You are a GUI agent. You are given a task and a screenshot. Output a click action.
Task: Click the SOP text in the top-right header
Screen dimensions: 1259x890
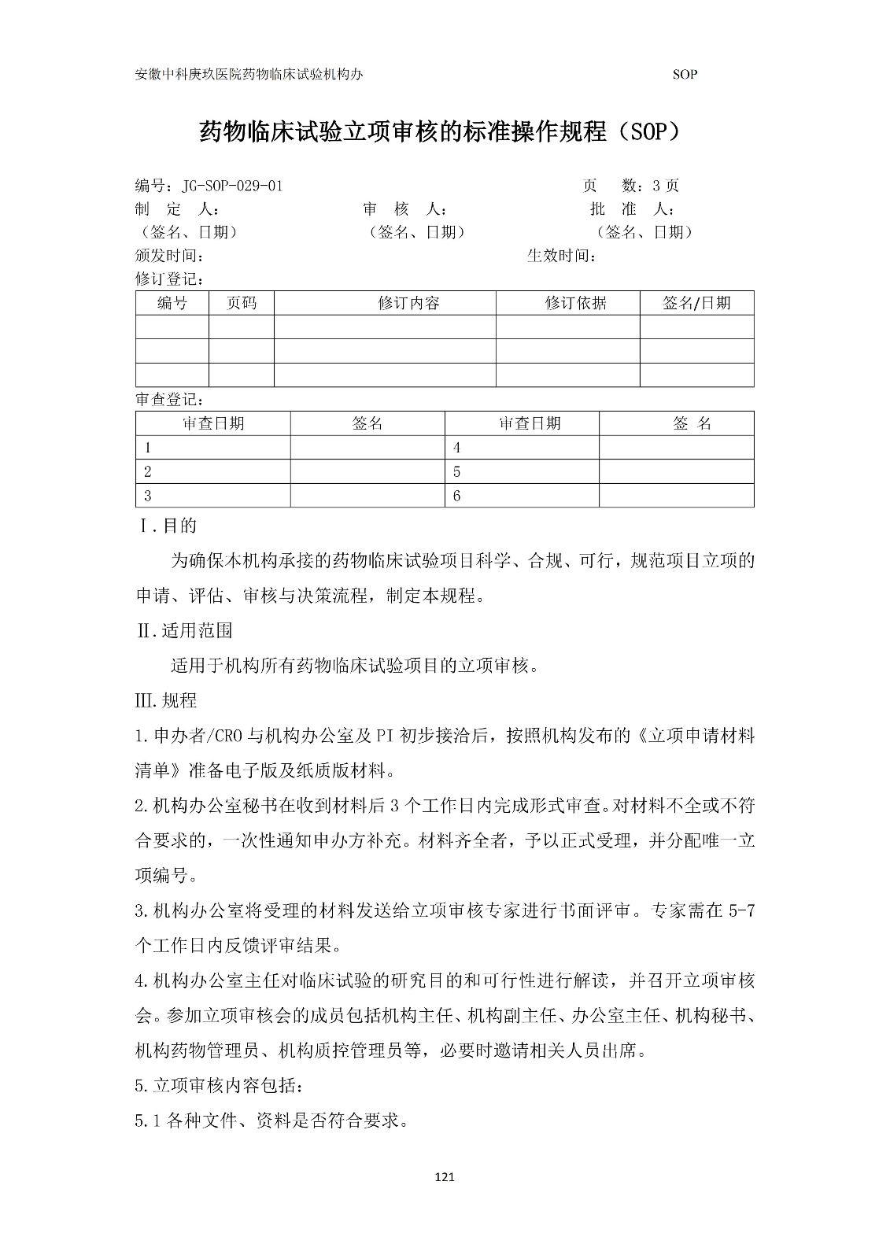(685, 75)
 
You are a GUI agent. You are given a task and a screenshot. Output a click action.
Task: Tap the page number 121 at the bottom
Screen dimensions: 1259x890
(445, 1177)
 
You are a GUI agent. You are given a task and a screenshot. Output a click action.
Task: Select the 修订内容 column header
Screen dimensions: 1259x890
(408, 303)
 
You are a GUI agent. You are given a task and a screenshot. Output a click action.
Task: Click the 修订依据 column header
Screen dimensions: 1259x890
(575, 303)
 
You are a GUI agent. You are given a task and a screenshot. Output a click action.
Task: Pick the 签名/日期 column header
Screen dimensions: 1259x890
(696, 303)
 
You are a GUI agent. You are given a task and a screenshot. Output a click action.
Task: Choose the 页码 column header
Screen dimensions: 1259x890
(241, 303)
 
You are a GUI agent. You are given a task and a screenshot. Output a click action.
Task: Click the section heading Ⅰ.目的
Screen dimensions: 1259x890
(168, 526)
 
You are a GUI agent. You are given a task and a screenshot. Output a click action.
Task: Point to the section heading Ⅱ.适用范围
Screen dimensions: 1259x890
(184, 630)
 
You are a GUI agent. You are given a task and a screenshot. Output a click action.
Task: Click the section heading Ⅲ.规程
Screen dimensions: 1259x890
(167, 700)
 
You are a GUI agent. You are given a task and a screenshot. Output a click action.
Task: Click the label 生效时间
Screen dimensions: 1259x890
(561, 256)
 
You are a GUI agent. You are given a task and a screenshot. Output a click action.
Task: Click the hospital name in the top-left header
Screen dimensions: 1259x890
(249, 75)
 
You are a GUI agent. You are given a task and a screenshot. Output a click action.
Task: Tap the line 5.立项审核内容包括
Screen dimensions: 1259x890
(218, 1086)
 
